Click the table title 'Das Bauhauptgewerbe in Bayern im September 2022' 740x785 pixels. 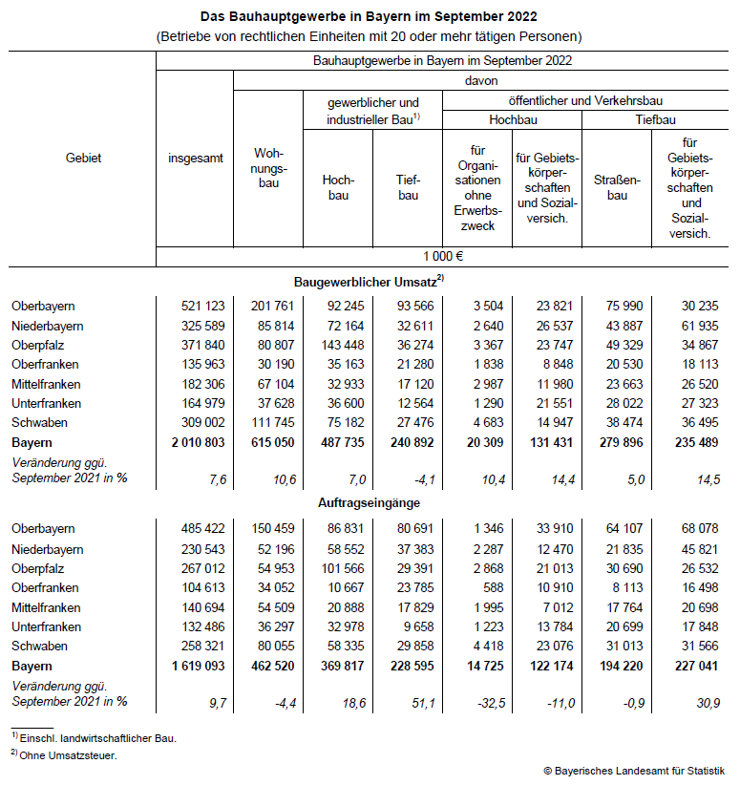click(x=369, y=16)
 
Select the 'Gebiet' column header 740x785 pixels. click(x=83, y=158)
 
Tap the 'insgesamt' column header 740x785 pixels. click(x=194, y=158)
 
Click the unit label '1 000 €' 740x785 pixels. click(x=442, y=256)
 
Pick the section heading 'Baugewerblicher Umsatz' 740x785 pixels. click(x=369, y=281)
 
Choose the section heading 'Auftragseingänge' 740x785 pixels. click(x=369, y=502)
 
